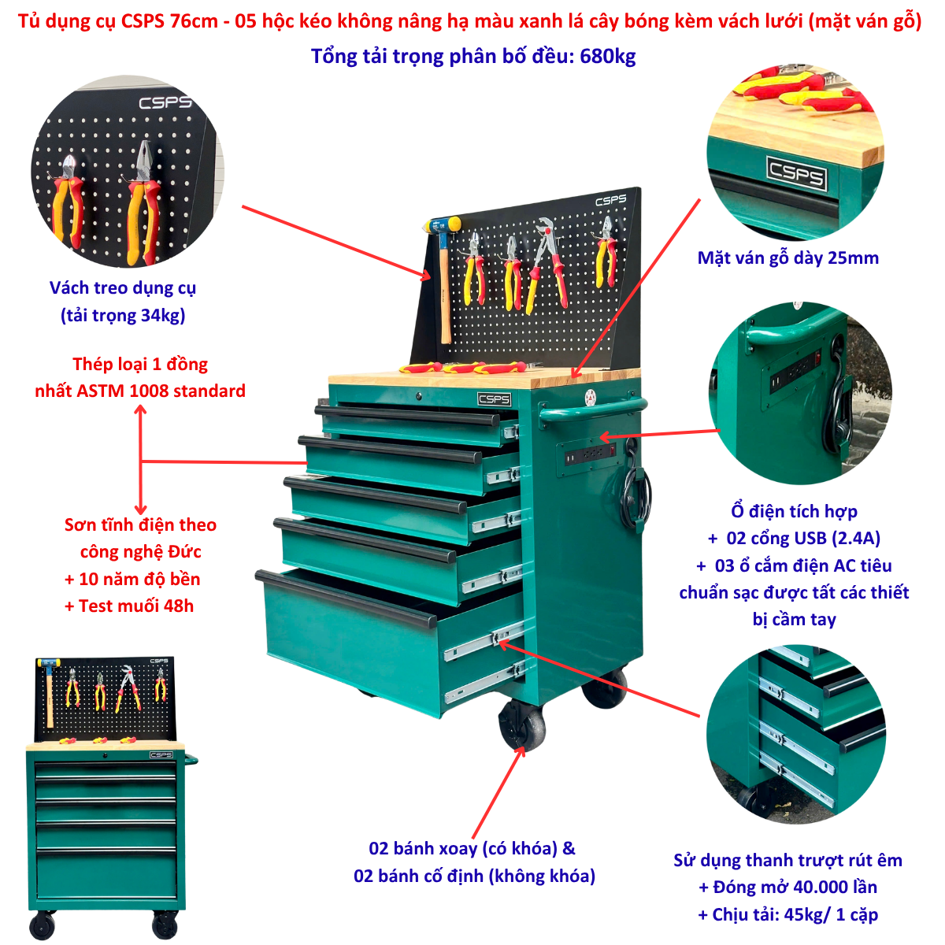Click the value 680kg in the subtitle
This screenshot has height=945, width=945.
[x=607, y=57]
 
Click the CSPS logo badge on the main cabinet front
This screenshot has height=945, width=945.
[x=494, y=399]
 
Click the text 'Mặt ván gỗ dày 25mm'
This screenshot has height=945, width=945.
[x=787, y=258]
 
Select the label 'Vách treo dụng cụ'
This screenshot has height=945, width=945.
[x=123, y=288]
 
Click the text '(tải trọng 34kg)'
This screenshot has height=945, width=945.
[x=123, y=315]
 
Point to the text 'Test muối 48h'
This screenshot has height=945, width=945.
[x=135, y=606]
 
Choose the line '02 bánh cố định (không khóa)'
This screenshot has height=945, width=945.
[x=474, y=876]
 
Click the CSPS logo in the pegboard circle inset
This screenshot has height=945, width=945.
[x=165, y=102]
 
